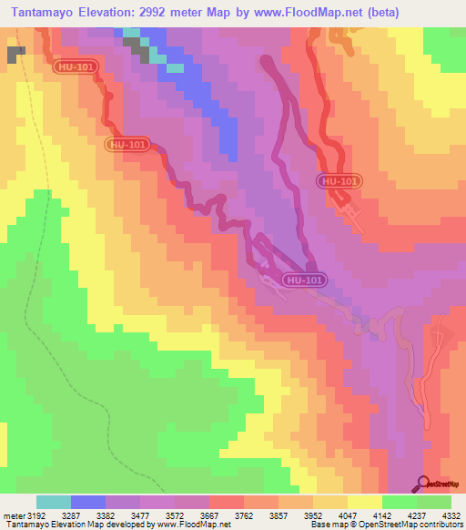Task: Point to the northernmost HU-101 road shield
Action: (x=79, y=66)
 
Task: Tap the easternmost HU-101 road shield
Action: (x=340, y=181)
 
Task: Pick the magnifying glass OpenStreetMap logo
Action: (x=423, y=483)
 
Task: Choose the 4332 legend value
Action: (x=452, y=514)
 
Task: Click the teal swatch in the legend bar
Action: (x=54, y=502)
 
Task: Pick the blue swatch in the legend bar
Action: (x=88, y=502)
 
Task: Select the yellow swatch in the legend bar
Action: (x=364, y=502)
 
